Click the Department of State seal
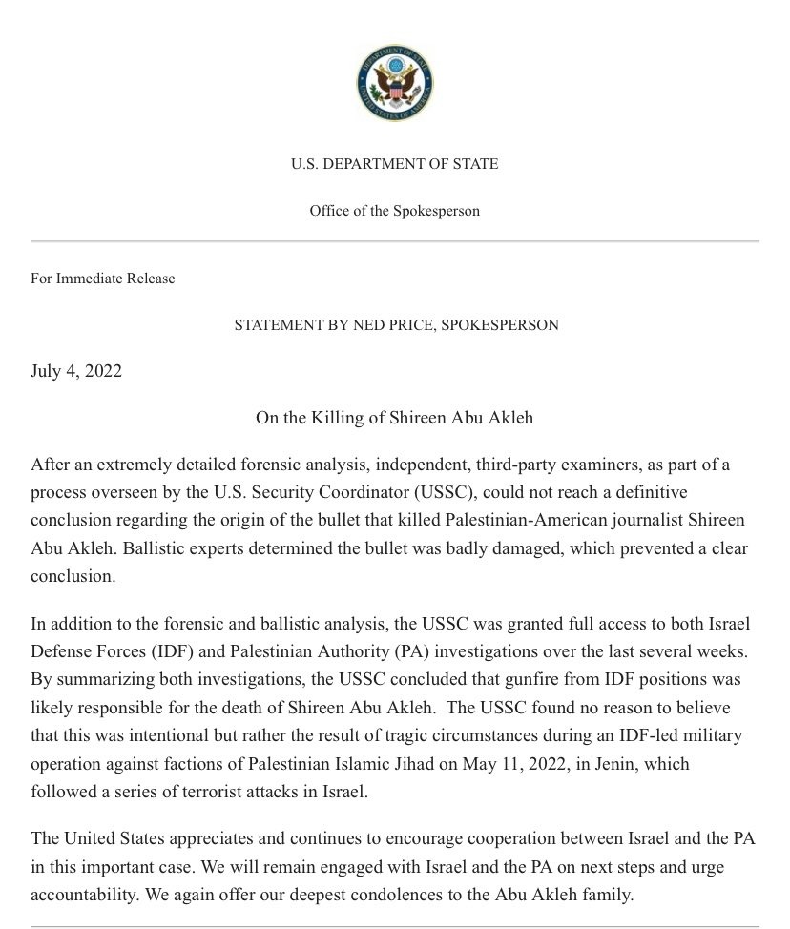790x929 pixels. tap(395, 84)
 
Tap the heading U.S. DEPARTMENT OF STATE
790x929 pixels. tap(395, 164)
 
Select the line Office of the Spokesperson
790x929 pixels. tap(395, 211)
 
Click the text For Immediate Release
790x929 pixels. tap(103, 279)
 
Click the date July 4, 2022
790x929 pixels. tap(76, 371)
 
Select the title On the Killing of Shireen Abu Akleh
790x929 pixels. tap(395, 417)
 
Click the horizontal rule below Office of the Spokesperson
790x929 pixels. tap(395, 241)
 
